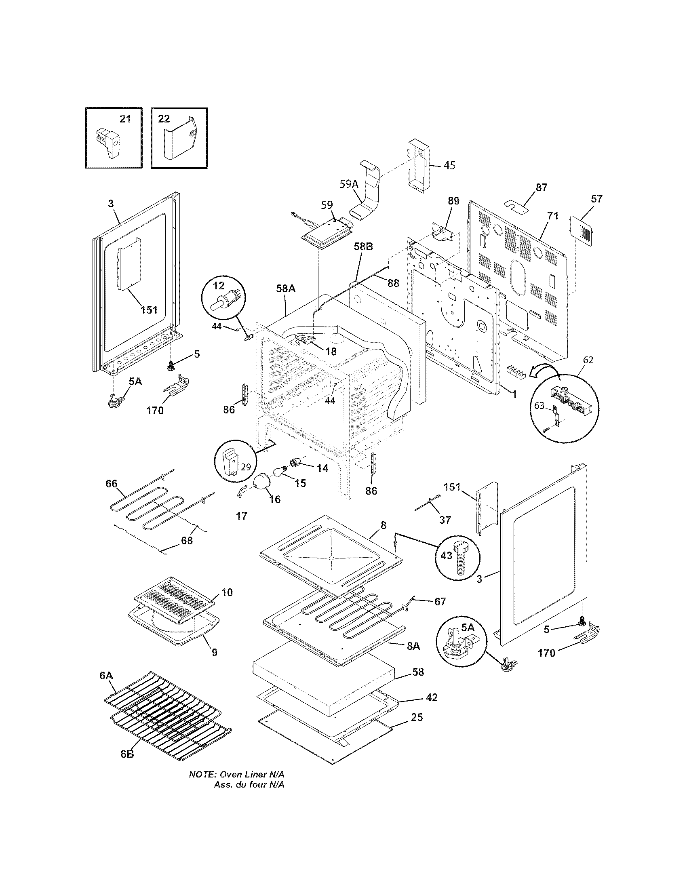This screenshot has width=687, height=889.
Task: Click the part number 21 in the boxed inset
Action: [125, 119]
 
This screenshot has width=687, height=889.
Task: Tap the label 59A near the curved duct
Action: [349, 184]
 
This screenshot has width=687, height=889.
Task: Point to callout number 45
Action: [449, 165]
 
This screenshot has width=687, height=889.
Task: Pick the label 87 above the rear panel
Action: [541, 187]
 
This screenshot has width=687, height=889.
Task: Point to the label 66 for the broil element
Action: [111, 484]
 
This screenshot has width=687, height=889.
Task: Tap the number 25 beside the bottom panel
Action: [417, 717]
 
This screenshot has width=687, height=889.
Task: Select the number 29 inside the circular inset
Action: [245, 466]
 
